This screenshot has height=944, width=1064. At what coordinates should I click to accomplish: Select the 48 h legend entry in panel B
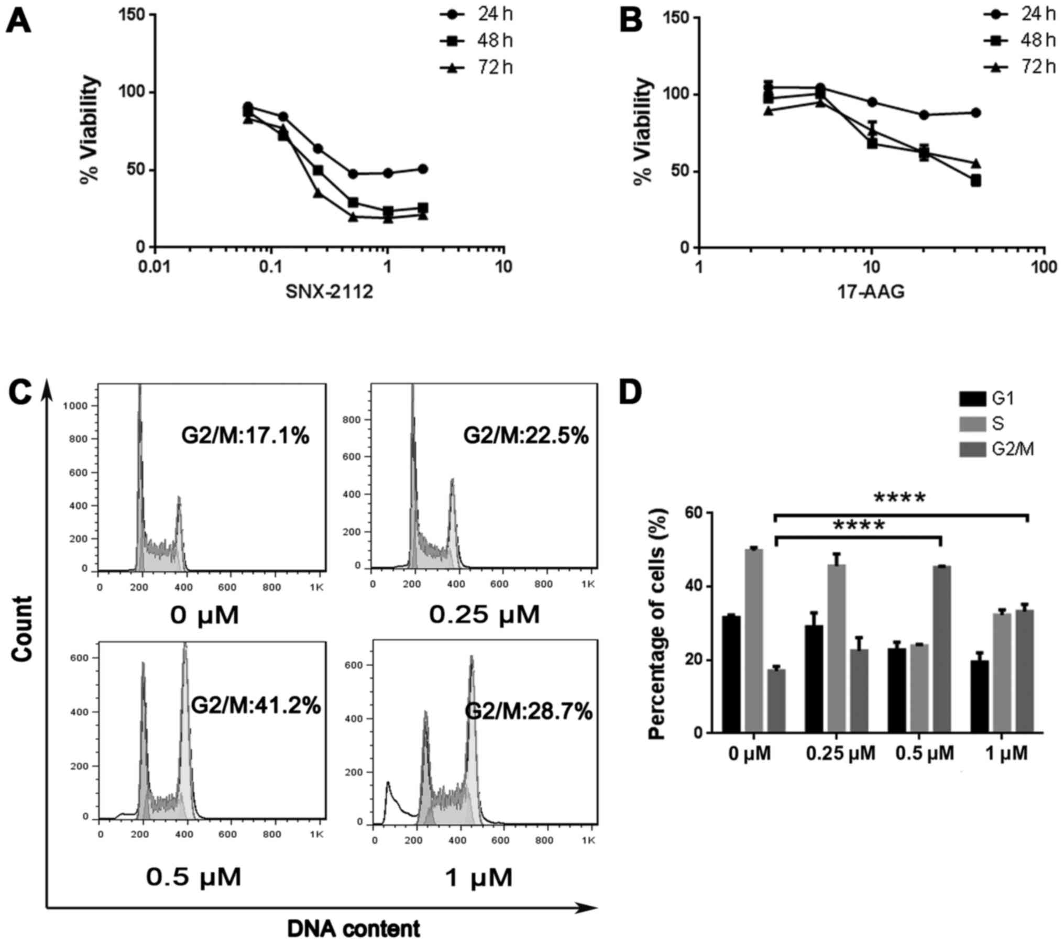click(x=1019, y=40)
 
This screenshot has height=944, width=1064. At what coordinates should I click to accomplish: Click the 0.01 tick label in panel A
click(x=155, y=267)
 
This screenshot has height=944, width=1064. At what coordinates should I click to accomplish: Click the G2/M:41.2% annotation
click(x=256, y=706)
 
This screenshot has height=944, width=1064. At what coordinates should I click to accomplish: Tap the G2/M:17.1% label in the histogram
click(x=246, y=436)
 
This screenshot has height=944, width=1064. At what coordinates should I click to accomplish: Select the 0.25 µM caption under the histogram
click(x=484, y=614)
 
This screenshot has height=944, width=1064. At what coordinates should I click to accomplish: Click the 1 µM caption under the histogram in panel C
click(x=478, y=878)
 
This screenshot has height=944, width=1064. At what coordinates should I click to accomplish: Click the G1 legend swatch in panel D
click(x=973, y=399)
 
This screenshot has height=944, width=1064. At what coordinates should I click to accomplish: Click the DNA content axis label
click(x=354, y=929)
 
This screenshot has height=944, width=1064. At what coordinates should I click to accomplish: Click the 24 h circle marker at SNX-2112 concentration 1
click(x=388, y=173)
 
